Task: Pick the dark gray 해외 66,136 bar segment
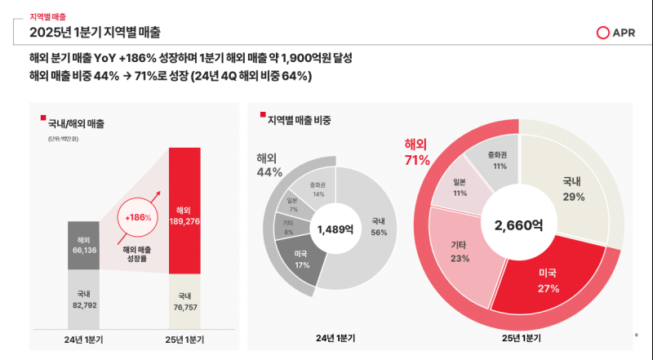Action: [83, 245]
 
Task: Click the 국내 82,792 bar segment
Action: [83, 300]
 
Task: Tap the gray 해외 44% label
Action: [269, 165]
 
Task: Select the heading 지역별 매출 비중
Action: [300, 120]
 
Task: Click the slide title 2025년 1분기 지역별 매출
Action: [95, 33]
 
